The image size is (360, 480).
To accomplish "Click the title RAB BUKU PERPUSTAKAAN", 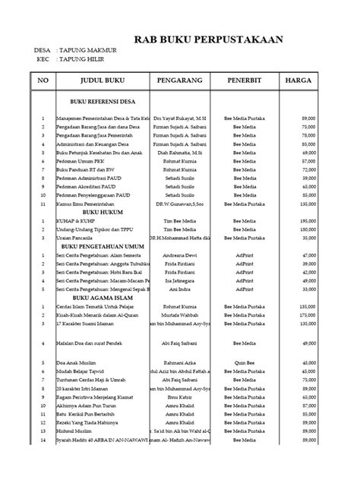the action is [208, 40].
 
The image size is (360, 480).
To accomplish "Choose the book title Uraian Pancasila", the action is [74, 215].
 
